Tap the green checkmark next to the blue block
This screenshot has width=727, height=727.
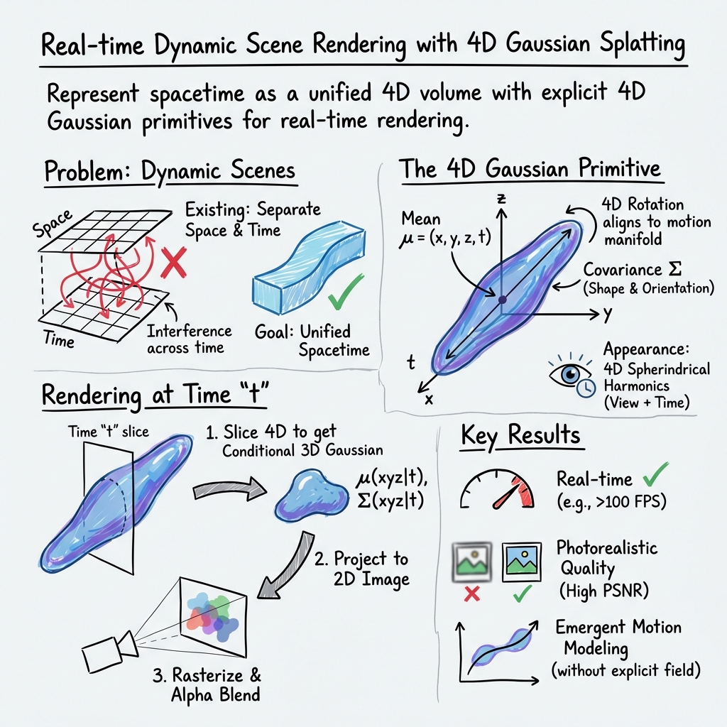click(x=347, y=292)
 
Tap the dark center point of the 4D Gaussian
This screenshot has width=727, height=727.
click(x=502, y=301)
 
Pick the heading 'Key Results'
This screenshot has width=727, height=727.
click(x=520, y=436)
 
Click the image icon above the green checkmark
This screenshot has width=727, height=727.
click(x=526, y=560)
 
